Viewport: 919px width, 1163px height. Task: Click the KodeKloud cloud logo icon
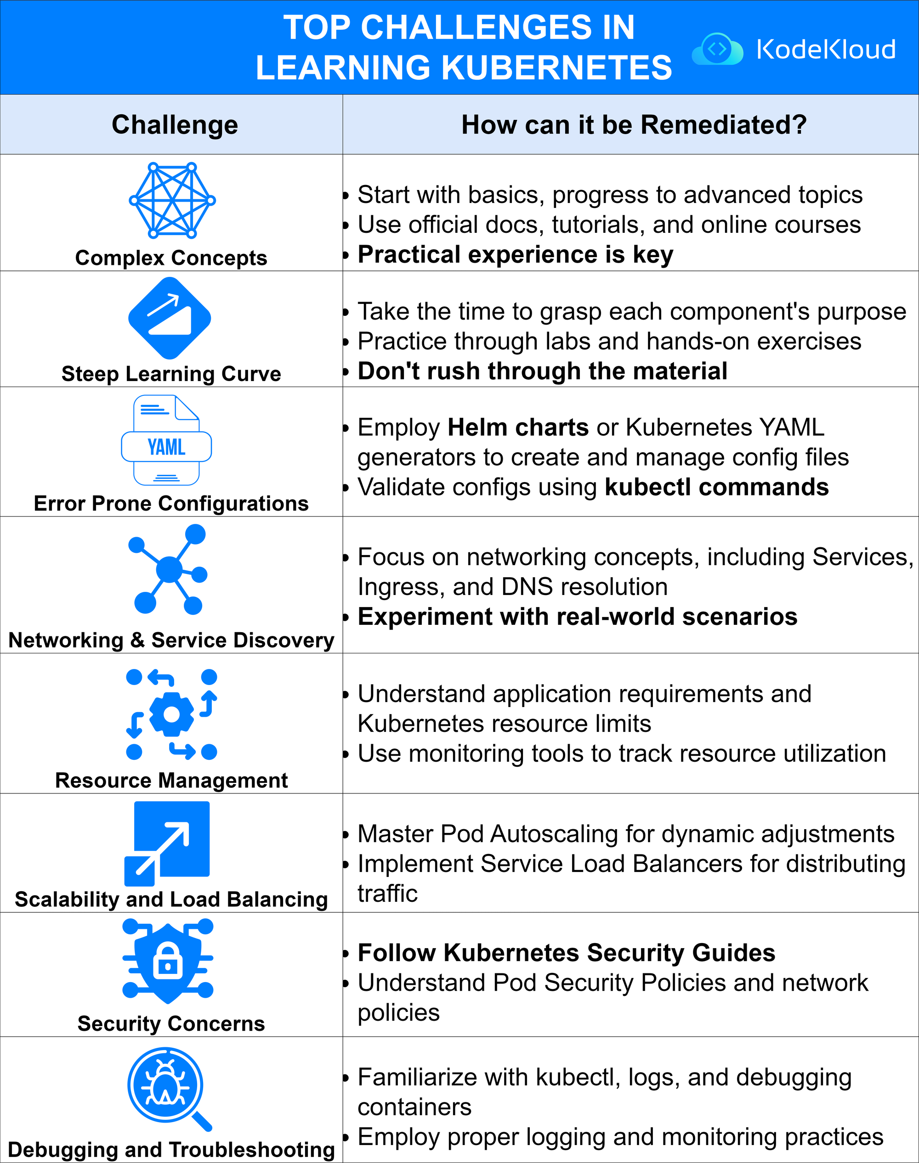(x=717, y=50)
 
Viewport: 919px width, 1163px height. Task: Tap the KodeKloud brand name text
(x=826, y=50)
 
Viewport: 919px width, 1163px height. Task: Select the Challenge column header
(x=175, y=125)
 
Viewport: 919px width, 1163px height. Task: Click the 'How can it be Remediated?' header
(x=634, y=125)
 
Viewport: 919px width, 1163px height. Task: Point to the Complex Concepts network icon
(x=172, y=200)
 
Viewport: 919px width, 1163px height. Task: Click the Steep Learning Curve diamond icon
(x=170, y=318)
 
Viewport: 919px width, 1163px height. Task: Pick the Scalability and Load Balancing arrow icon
(x=167, y=843)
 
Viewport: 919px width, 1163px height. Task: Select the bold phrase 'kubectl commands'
(x=717, y=487)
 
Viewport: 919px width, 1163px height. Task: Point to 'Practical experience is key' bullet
(x=515, y=254)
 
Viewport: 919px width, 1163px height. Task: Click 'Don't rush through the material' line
(x=542, y=371)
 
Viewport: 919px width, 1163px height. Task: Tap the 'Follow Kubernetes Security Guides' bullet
(x=566, y=953)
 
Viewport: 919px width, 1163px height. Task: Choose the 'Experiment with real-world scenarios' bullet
(x=577, y=617)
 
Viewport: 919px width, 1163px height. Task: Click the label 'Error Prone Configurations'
(x=171, y=503)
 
